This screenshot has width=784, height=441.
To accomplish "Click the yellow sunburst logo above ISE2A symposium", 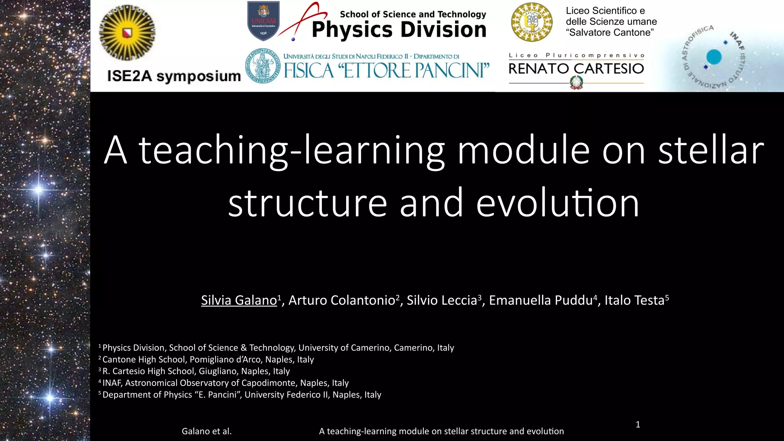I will tap(127, 33).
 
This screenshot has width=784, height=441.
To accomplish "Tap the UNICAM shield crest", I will tap(263, 21).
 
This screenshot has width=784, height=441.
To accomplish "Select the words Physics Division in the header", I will tap(399, 30).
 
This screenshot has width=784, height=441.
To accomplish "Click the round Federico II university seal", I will tap(262, 65).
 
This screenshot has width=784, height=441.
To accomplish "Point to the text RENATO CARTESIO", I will tap(576, 69).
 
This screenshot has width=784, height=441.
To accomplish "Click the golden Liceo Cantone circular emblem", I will tap(532, 22).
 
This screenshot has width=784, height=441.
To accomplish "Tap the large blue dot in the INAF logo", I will tap(714, 57).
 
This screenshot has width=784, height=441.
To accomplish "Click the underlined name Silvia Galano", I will tap(239, 301).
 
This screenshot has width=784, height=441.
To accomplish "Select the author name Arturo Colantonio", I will tap(341, 301).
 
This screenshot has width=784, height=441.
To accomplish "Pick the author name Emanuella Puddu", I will tap(541, 301).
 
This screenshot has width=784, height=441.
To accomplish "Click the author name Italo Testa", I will tap(634, 301).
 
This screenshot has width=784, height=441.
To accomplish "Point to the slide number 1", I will tap(638, 424).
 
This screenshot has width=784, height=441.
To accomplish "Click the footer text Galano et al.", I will tap(207, 431).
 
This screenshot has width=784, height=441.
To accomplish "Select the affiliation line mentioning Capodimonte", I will tap(225, 383).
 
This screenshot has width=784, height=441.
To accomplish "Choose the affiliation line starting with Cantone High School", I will tap(208, 359).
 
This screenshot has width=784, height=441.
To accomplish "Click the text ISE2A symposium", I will tap(174, 76).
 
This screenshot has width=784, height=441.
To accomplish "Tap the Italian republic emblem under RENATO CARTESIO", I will tap(576, 82).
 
